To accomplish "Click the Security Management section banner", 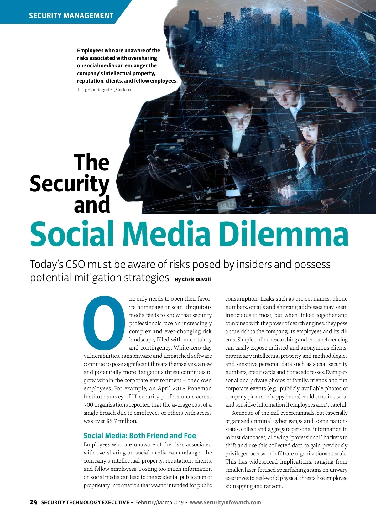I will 71,15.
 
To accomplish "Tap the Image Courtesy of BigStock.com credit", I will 106,90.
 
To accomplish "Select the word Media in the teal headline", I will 166,234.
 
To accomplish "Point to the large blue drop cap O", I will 104,323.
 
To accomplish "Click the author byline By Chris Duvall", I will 193,279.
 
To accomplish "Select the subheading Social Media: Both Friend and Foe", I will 139,435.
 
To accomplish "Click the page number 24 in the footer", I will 33,502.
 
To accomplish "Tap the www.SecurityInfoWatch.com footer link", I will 225,502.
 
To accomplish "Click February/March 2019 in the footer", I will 159,502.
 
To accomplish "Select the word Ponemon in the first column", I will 200,388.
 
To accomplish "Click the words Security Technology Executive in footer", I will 85,502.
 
